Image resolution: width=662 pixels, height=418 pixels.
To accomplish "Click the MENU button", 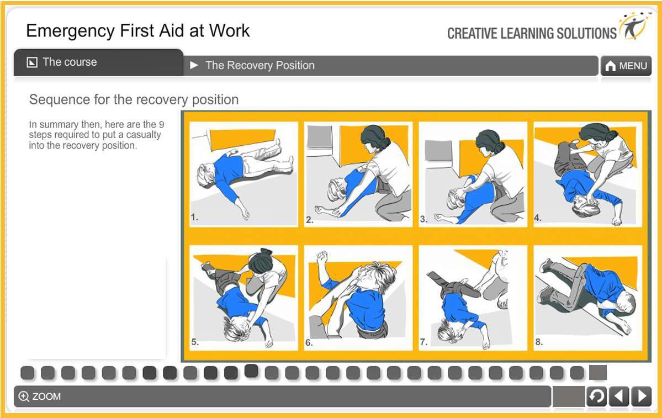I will coord(626,66).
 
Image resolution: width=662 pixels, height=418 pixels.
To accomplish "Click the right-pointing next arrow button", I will coord(641,396).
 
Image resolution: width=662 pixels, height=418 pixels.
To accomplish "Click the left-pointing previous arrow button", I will coord(619,396).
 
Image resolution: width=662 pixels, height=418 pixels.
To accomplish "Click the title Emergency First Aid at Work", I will coord(138,30).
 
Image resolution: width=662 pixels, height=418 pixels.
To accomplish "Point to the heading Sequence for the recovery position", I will coord(134,100).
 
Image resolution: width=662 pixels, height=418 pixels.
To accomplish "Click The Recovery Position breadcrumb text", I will coord(259,66).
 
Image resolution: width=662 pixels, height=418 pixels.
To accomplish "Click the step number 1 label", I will coord(194,218).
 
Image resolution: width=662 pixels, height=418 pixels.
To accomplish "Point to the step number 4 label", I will coord(538,218).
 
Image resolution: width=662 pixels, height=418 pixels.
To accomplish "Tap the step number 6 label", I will coord(309,342).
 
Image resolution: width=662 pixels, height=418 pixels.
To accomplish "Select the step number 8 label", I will coord(538,342).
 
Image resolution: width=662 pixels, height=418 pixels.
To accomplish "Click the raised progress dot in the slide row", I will coord(251,371).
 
